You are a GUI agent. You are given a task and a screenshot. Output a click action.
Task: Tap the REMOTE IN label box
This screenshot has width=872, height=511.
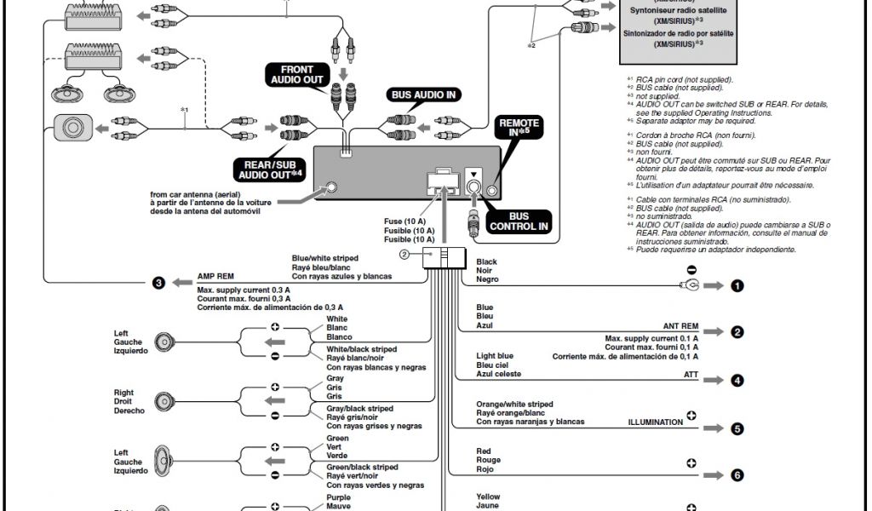pos(518,129)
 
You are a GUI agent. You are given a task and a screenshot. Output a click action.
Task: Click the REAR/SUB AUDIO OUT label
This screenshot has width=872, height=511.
pos(270,169)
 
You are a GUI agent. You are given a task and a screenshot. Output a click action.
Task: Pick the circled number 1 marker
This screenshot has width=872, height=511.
pos(737,286)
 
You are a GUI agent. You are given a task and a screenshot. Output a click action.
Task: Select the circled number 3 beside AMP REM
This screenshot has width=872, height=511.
pos(158,283)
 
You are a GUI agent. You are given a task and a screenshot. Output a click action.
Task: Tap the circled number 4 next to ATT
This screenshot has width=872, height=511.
pos(737,381)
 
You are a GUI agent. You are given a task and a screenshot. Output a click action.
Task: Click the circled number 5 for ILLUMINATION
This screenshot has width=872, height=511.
pos(737,428)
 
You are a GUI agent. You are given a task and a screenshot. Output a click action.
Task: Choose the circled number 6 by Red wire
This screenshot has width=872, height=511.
pos(737,475)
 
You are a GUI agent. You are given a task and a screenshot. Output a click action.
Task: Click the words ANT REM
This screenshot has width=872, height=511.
pos(680,326)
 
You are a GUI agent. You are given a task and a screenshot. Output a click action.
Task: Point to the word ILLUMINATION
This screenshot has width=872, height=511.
pos(656,422)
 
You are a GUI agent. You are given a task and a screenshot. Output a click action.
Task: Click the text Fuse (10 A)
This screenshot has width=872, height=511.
pos(404,221)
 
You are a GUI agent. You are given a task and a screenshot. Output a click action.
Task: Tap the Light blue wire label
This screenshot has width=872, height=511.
pos(495,355)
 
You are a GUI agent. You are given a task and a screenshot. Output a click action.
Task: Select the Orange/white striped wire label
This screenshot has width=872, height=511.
pos(514,404)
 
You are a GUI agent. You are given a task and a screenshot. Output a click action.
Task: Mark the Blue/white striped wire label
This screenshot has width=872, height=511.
pos(324,258)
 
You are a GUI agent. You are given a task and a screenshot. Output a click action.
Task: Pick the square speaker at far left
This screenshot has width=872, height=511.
pos(72,128)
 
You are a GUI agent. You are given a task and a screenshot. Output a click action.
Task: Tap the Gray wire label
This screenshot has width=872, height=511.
pos(335,378)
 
